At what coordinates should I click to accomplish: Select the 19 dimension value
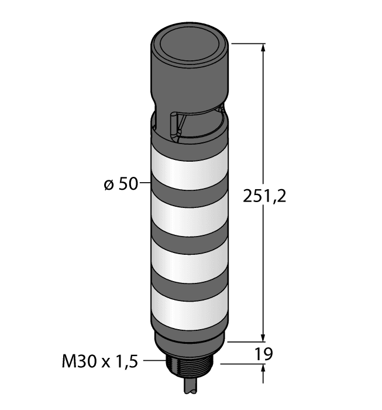pyautogui.click(x=264, y=354)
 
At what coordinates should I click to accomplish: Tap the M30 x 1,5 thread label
pyautogui.click(x=99, y=362)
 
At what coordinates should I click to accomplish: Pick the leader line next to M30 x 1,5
pyautogui.click(x=151, y=361)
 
